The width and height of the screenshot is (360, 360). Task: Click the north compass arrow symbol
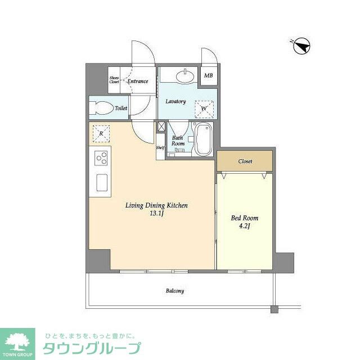(x=303, y=46)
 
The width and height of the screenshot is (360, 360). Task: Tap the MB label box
(x=208, y=76)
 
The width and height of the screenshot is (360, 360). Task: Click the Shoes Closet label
(x=114, y=80)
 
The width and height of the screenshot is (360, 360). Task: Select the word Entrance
(x=137, y=82)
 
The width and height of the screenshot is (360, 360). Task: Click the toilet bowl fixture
(x=102, y=108)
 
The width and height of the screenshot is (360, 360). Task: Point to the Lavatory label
(x=175, y=102)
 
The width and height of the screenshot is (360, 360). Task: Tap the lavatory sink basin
(x=184, y=75)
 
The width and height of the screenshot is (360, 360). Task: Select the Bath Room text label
(x=178, y=141)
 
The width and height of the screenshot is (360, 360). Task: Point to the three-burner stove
(x=102, y=159)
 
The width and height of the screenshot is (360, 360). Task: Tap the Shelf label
(x=160, y=148)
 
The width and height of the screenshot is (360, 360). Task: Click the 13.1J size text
(x=156, y=214)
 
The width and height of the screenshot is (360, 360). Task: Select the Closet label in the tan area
(x=245, y=161)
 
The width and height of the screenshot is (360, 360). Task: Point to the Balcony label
(x=174, y=291)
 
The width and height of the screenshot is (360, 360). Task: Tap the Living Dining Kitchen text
(x=156, y=206)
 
